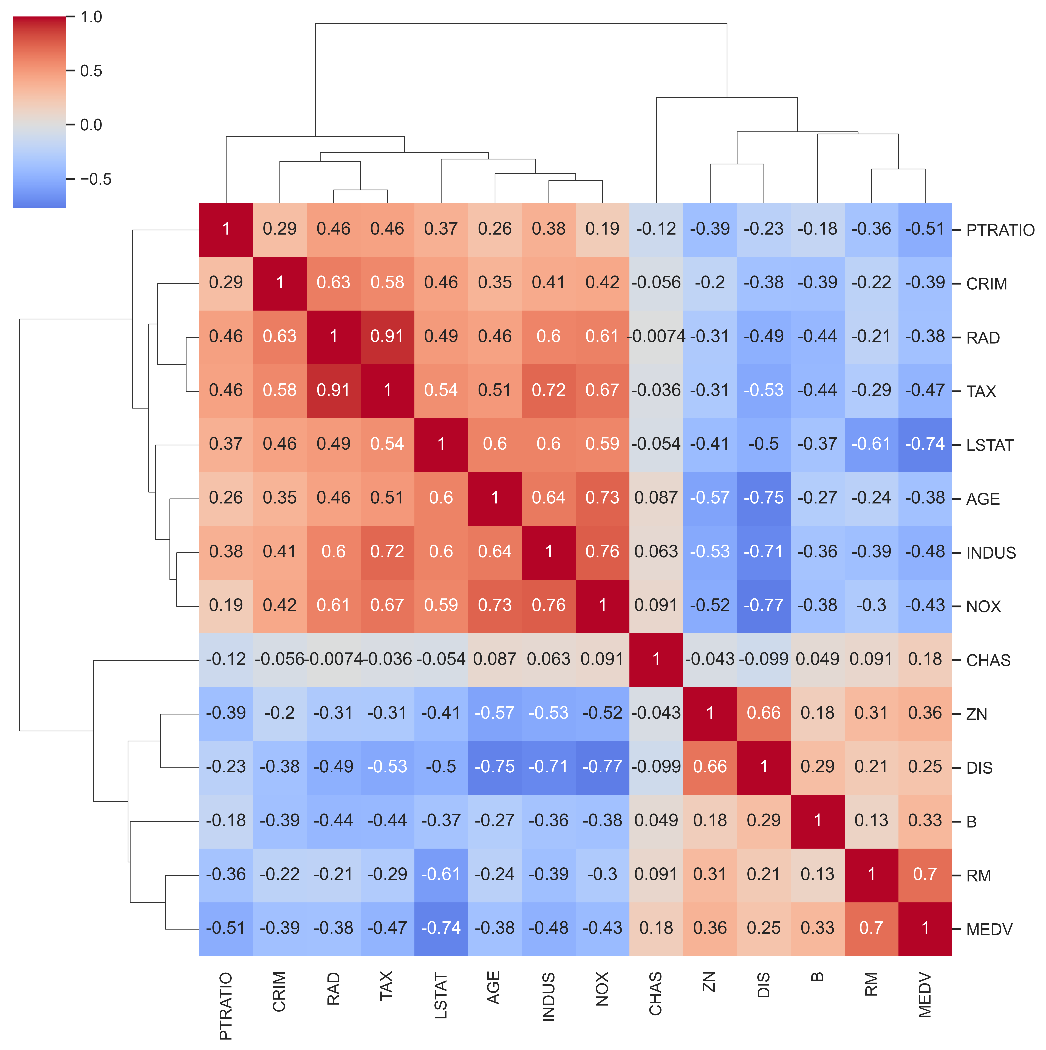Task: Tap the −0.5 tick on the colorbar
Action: coord(95,179)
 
